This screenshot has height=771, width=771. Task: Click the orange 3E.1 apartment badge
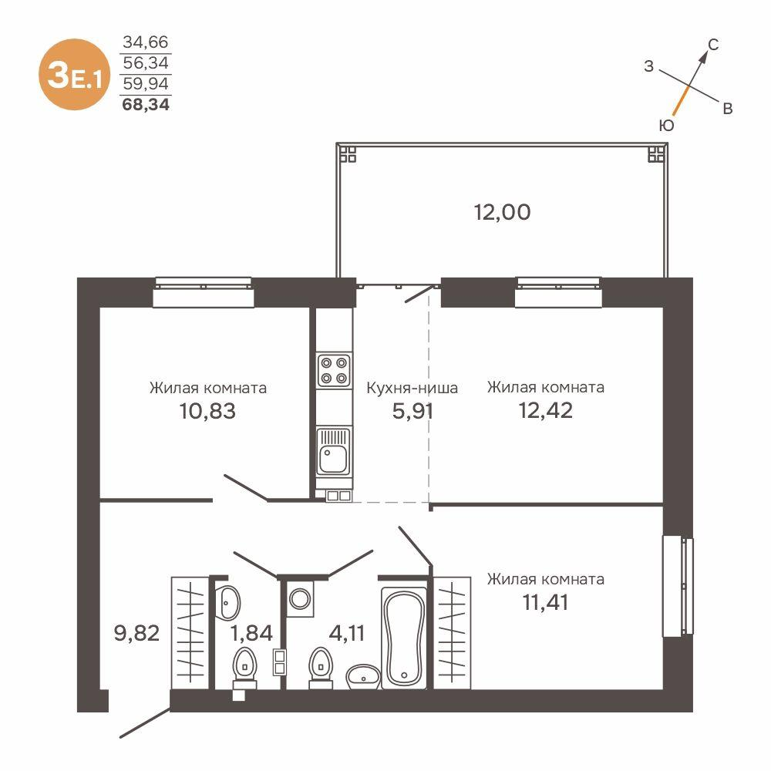[74, 74]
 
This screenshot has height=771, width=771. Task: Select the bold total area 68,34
[146, 103]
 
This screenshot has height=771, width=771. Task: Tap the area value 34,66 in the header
[146, 43]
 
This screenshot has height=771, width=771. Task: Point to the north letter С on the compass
[714, 45]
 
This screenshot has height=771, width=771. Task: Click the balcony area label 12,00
[502, 212]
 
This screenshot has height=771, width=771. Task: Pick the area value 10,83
[207, 410]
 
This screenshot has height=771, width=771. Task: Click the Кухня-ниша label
[412, 388]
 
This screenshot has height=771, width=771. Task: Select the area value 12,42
[545, 410]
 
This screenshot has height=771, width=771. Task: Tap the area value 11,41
[545, 601]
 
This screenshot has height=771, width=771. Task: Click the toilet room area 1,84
[251, 634]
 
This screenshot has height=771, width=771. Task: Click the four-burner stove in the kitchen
[334, 369]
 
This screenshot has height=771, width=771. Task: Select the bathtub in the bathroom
[404, 637]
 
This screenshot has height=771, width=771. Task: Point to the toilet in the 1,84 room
[244, 666]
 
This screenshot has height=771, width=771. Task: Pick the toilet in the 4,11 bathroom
[320, 666]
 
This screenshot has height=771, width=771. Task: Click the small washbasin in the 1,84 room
[229, 601]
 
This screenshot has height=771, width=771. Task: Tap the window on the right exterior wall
[678, 587]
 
